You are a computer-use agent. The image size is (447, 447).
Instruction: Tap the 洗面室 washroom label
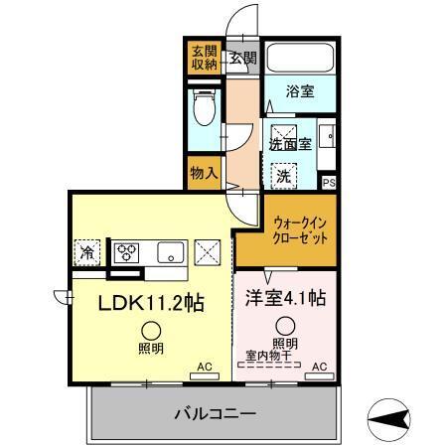point(290,143)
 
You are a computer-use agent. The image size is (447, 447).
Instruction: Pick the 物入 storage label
point(203,172)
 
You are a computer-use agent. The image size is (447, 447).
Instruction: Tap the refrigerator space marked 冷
point(88,252)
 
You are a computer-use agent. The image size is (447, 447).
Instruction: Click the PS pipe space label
point(329,182)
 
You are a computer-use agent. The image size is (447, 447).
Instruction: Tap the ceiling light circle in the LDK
point(151,332)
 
